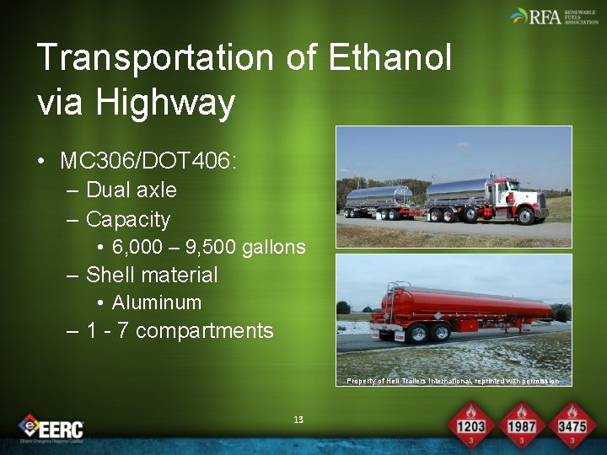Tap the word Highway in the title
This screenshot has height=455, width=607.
pos(165,103)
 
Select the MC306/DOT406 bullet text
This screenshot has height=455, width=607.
pos(148,160)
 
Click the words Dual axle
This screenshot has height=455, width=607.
pos(132,190)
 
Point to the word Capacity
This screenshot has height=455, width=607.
pos(128,219)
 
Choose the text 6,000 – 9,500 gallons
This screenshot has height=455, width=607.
pos(208,247)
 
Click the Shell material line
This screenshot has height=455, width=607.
pos(152,275)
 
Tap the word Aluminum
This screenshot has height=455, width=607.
pos(157,302)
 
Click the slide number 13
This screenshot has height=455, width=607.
pos(298,419)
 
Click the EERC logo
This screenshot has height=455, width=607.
pos(51,428)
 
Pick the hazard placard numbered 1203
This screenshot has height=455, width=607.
pos(470,426)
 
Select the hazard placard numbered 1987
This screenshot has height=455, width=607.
pos(522,426)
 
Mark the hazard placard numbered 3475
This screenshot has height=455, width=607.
pos(573,426)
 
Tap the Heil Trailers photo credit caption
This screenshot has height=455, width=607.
pos(453,381)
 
